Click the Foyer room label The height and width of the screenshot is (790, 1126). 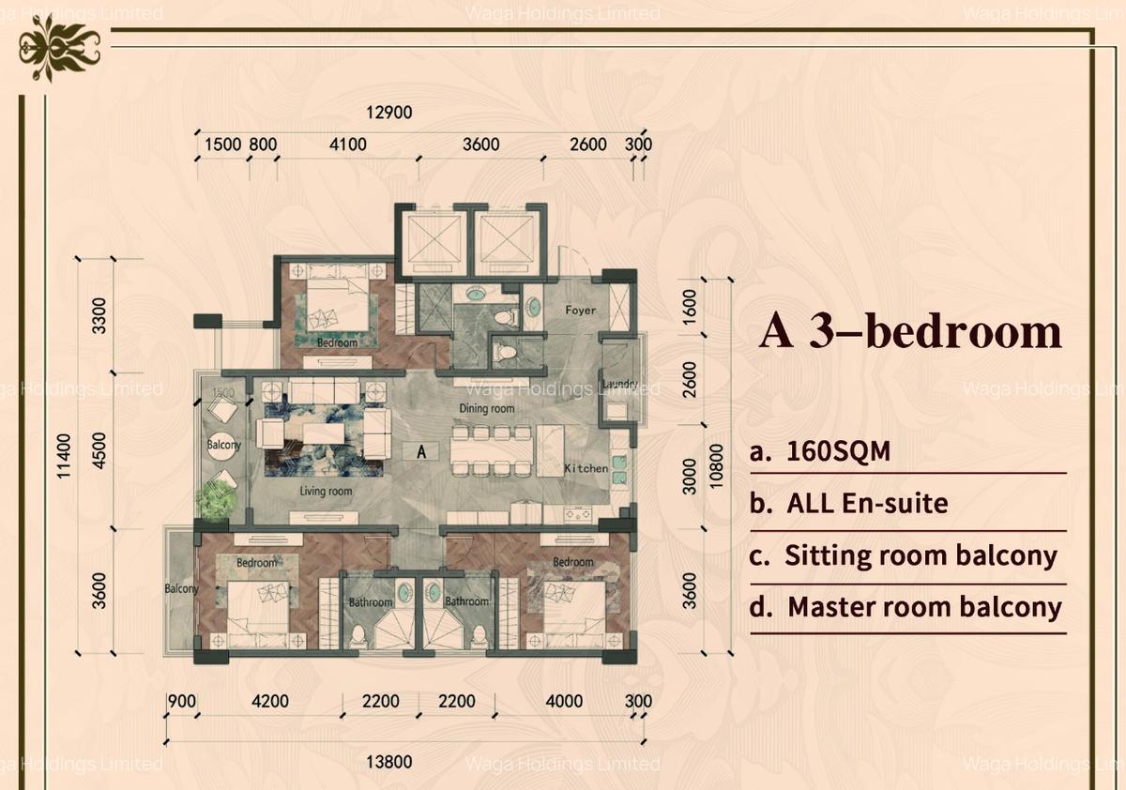point(580,310)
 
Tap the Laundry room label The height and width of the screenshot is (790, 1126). point(620,385)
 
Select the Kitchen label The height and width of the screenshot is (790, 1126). point(586,467)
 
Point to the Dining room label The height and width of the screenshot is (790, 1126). point(486,409)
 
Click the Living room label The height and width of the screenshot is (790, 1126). point(326,491)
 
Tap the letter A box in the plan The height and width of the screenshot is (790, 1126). point(421,451)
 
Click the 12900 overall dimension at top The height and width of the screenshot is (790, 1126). point(389,113)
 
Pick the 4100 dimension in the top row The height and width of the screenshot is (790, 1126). point(347,144)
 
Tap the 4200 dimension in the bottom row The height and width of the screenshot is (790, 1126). point(269,701)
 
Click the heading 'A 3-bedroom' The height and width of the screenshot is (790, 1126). point(909,333)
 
